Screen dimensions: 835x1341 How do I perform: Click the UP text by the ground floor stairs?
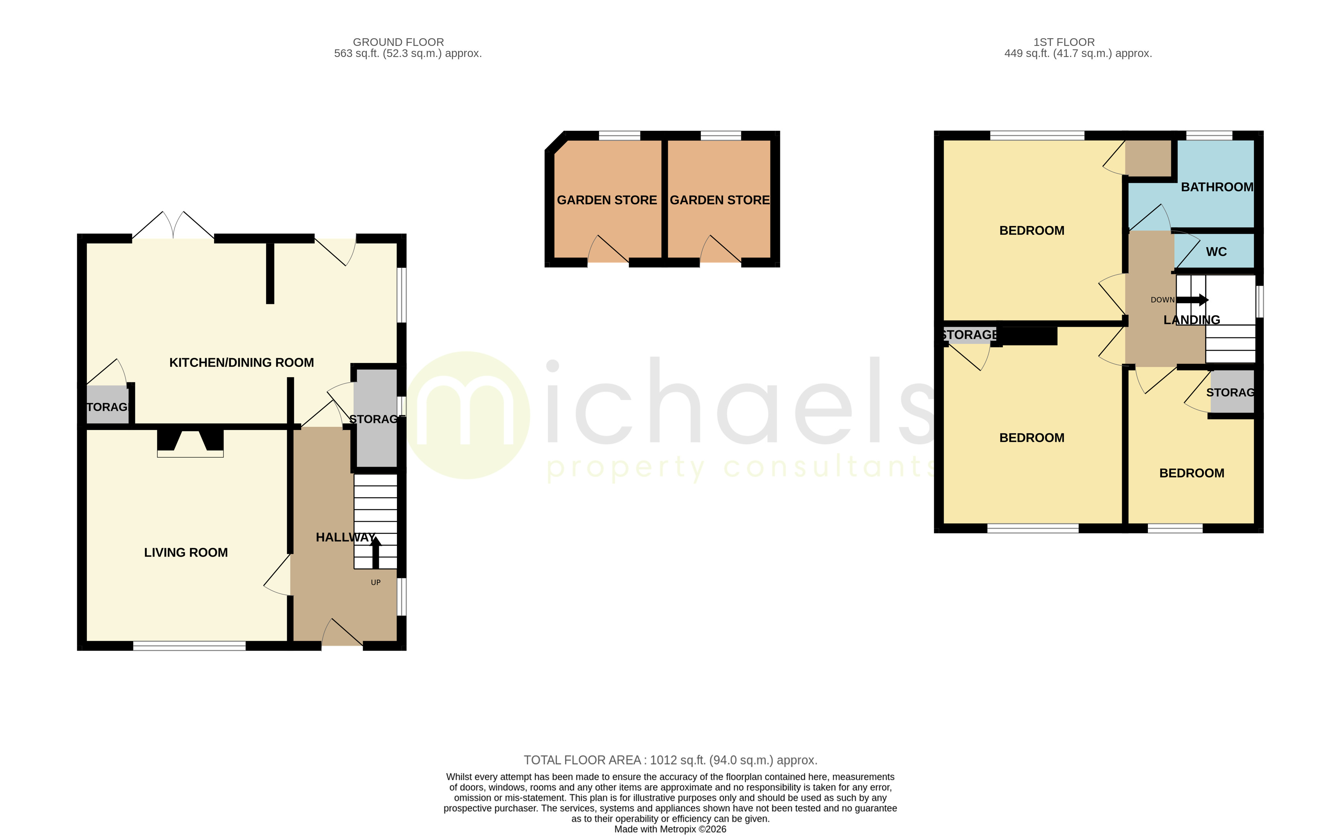(x=375, y=583)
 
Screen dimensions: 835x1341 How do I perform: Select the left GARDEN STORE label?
(x=607, y=200)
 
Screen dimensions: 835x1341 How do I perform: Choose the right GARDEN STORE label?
(x=719, y=200)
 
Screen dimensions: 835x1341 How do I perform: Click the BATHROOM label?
(x=1217, y=187)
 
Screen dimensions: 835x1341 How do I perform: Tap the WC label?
(x=1216, y=252)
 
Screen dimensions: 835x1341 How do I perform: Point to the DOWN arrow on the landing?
(x=1193, y=300)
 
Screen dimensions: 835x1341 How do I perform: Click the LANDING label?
(x=1191, y=320)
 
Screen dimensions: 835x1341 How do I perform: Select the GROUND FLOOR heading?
(x=398, y=42)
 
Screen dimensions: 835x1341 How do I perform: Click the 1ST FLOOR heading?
(x=1063, y=42)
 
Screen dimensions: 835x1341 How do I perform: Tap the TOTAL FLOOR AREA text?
(x=670, y=760)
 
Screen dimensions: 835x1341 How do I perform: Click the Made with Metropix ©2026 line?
(x=670, y=829)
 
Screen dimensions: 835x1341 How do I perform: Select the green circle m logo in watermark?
(x=467, y=415)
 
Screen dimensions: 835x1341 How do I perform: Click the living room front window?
(x=189, y=646)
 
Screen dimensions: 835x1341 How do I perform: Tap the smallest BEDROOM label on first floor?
(x=1191, y=473)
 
